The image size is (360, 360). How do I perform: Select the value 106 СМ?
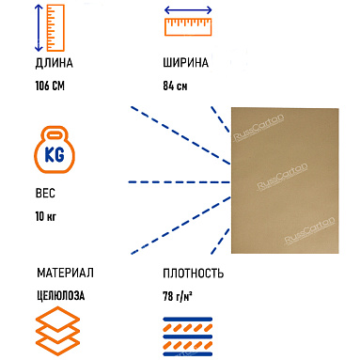[54, 87]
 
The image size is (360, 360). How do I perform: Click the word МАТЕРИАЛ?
[65, 274]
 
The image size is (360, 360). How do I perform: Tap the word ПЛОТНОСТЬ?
[192, 274]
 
